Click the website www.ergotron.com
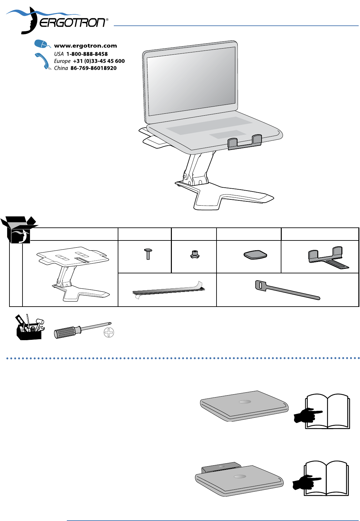(85, 46)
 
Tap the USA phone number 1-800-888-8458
(87, 54)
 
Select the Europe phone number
(98, 61)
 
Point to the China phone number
(93, 68)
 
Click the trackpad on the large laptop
(228, 134)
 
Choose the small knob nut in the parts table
(194, 254)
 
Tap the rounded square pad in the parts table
(256, 254)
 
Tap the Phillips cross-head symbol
(109, 333)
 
